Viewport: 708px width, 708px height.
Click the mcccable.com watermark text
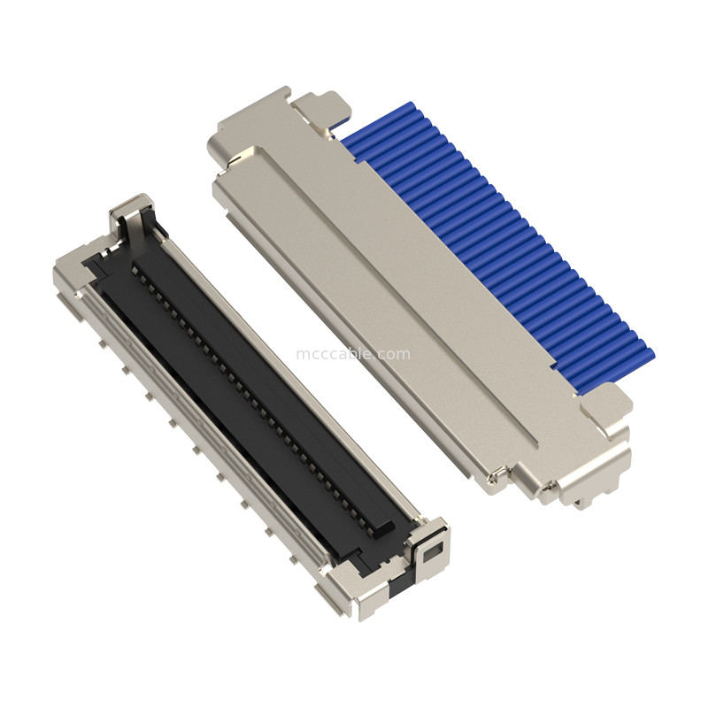(353, 354)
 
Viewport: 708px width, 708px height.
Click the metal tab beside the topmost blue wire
(319, 107)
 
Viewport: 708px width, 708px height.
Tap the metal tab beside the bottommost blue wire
(607, 403)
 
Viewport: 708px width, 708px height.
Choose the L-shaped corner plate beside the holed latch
(373, 602)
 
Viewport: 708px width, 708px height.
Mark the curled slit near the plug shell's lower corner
(501, 479)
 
